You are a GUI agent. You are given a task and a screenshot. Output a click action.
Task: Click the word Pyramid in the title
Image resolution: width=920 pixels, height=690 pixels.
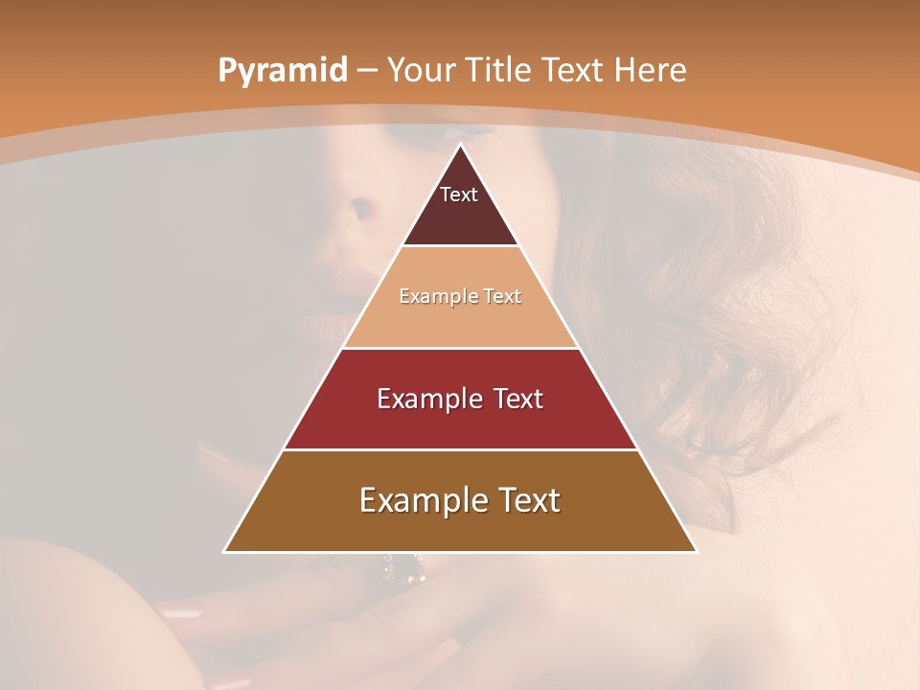(x=282, y=71)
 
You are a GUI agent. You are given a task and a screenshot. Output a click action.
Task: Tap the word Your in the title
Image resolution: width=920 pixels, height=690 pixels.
(x=422, y=70)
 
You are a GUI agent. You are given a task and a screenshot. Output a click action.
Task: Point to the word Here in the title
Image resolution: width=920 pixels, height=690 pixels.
(x=650, y=70)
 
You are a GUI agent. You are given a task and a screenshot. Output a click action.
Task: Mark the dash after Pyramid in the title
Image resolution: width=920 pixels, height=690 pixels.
(x=366, y=71)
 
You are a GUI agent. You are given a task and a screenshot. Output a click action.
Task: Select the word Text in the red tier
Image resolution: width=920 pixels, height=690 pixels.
(x=516, y=399)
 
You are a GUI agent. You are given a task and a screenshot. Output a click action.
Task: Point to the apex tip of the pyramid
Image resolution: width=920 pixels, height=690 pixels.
(x=460, y=146)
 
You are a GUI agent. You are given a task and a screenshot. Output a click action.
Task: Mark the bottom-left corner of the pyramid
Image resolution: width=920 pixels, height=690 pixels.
(x=225, y=551)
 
